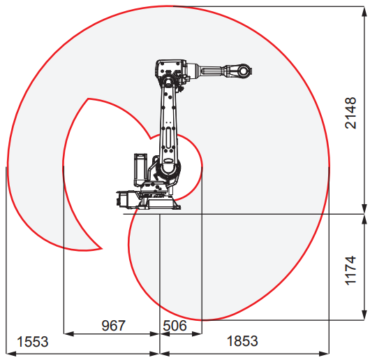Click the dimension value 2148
click(x=350, y=113)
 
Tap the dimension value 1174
click(x=350, y=271)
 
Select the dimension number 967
click(x=113, y=326)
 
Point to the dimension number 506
click(x=175, y=326)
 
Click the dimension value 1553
click(x=33, y=342)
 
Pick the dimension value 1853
click(x=242, y=341)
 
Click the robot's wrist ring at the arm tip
click(x=244, y=70)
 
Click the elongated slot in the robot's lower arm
click(x=168, y=138)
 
